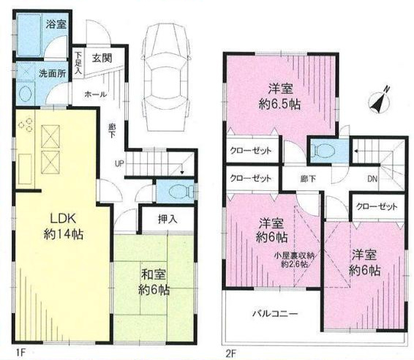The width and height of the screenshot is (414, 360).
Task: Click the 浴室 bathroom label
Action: coord(56,25)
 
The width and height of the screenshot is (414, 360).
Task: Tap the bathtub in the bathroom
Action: coord(29,34)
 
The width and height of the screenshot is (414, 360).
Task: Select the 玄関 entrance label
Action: coord(102,58)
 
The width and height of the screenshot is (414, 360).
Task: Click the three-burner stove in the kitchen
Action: coord(26,124)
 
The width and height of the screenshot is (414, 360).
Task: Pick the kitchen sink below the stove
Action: coord(25,169)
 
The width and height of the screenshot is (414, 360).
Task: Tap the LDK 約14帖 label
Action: coord(64,227)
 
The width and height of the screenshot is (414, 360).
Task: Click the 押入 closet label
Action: coord(168,220)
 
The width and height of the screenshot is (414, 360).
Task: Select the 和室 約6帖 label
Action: coord(154,282)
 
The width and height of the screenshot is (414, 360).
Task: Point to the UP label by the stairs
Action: coord(119,164)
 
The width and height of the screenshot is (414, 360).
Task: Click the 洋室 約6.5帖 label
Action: coord(280,97)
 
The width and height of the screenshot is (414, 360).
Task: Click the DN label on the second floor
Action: coord(372,179)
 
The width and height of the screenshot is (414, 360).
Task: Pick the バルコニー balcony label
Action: coord(275,313)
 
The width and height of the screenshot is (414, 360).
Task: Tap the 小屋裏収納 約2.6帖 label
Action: coord(294,260)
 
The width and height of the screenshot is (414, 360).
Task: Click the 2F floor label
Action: coord(230,353)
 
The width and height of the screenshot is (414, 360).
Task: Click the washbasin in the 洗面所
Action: coord(26,94)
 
